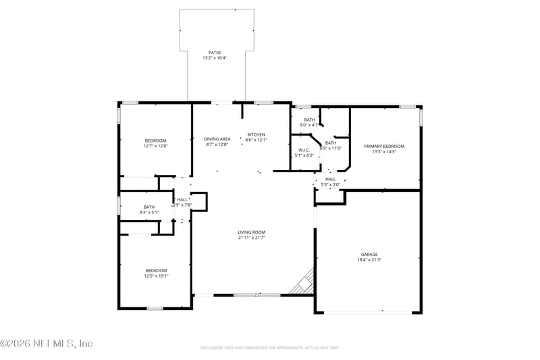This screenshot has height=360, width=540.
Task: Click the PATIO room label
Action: pyautogui.click(x=214, y=52)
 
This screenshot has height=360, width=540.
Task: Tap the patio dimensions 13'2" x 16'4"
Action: pyautogui.click(x=214, y=58)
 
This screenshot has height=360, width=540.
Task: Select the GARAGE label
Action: pyautogui.click(x=369, y=254)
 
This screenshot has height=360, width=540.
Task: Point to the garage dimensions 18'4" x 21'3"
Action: pyautogui.click(x=369, y=260)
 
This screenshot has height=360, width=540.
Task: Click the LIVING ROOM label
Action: pyautogui.click(x=251, y=232)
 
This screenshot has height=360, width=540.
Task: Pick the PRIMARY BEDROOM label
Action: pyautogui.click(x=383, y=146)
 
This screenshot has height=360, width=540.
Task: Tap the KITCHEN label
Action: pyautogui.click(x=256, y=134)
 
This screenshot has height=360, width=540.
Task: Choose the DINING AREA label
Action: pyautogui.click(x=217, y=138)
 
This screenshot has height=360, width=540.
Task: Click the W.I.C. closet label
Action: pyautogui.click(x=304, y=150)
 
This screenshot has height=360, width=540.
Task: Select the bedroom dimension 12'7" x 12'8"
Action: pyautogui.click(x=155, y=146)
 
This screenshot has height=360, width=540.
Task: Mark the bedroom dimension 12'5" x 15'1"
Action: pyautogui.click(x=155, y=276)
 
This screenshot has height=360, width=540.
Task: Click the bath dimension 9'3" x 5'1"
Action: pyautogui.click(x=148, y=213)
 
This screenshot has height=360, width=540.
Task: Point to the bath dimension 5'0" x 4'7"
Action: pyautogui.click(x=308, y=125)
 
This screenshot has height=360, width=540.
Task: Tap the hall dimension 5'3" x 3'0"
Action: pyautogui.click(x=330, y=184)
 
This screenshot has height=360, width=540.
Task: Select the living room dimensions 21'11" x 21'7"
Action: pyautogui.click(x=251, y=238)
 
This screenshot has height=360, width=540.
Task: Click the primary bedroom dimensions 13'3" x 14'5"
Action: pyautogui.click(x=383, y=152)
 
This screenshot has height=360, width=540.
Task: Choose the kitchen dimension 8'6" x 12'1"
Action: pyautogui.click(x=256, y=140)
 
